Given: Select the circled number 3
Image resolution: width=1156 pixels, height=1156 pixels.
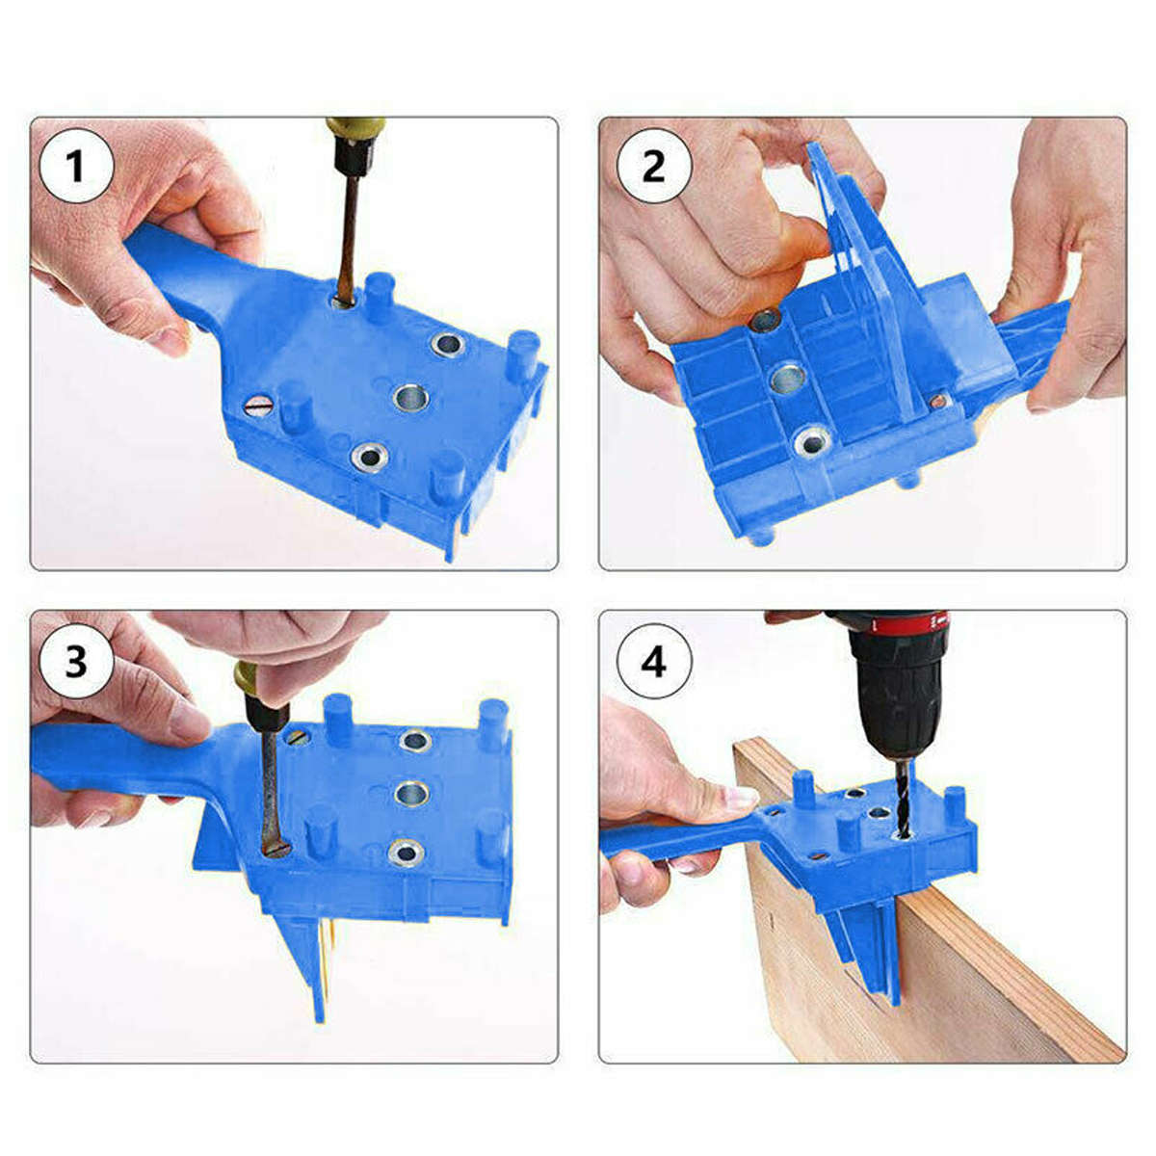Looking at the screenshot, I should (x=76, y=661).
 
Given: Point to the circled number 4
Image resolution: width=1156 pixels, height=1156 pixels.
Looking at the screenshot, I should (x=654, y=661).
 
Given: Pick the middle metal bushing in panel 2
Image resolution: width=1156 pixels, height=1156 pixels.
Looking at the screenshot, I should (x=787, y=378).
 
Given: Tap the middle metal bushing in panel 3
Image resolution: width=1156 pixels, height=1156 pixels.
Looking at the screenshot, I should (x=412, y=793).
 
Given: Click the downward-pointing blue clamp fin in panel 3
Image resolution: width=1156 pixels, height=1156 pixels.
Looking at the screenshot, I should (x=308, y=963).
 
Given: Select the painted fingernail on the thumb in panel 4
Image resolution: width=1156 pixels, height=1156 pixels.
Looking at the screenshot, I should (x=740, y=797).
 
